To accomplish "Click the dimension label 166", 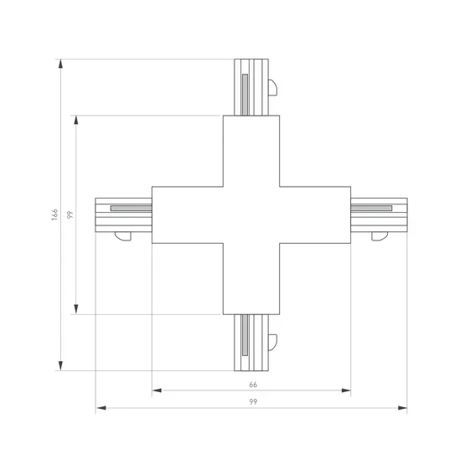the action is (x=54, y=214).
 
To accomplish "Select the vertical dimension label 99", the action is (x=70, y=214).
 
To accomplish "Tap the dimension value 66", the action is (x=253, y=385).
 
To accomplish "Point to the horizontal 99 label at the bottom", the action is (x=253, y=402).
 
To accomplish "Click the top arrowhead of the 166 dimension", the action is (x=60, y=64).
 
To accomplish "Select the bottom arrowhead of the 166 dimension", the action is (x=60, y=366).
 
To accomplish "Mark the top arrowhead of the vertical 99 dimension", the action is (x=76, y=120).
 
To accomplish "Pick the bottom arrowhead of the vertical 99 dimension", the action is (x=76, y=309).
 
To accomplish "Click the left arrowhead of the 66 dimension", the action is (x=157, y=390).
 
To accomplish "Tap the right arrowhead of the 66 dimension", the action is (x=346, y=390).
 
